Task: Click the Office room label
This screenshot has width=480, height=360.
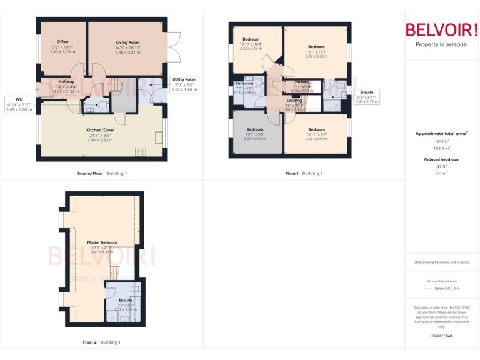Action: click(62, 42)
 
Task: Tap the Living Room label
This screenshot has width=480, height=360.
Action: click(127, 42)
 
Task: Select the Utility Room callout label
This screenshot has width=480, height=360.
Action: click(184, 79)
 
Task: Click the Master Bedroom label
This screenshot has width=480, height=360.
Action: click(102, 242)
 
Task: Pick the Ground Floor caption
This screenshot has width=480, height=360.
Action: click(89, 173)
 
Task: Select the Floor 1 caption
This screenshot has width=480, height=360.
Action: click(292, 173)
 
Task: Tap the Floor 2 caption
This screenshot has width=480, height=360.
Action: click(90, 342)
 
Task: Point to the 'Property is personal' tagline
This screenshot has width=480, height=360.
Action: click(441, 44)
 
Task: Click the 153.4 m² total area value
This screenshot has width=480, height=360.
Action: click(442, 148)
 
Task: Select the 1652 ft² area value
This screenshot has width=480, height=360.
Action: click(442, 141)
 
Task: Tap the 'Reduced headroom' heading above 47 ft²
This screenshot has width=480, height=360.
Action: click(442, 159)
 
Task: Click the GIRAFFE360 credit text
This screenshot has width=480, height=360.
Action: click(442, 336)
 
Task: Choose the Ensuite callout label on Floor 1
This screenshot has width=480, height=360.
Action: click(367, 92)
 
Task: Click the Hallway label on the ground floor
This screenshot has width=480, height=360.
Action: click(66, 81)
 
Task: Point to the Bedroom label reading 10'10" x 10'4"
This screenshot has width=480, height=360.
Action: click(251, 39)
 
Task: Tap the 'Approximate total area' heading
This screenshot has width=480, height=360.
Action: click(440, 133)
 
